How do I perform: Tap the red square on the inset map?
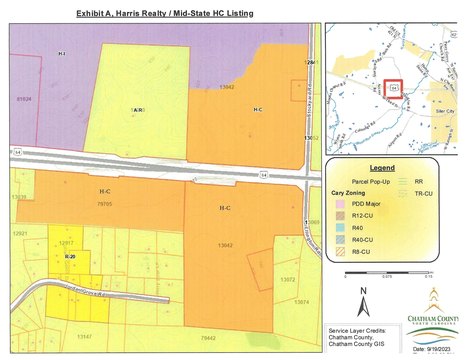(393, 91)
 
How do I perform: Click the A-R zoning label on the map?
(139, 109)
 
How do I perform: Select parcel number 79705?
(102, 203)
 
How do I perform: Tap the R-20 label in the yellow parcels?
(69, 258)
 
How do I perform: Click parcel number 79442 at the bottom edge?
(207, 339)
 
